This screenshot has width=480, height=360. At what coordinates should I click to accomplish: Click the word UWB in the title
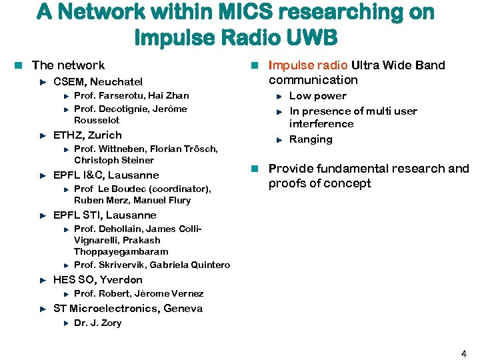point(313,35)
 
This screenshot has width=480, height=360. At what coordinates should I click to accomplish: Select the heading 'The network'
point(68,65)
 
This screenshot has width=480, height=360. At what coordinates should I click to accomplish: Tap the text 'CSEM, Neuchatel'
point(97,82)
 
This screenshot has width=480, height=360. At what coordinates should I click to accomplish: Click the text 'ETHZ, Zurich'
point(87,135)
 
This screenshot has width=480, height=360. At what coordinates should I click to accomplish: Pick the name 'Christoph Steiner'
point(114,161)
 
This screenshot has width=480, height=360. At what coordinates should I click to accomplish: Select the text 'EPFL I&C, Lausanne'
point(106,175)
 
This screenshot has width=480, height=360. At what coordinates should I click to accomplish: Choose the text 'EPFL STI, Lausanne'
point(105,215)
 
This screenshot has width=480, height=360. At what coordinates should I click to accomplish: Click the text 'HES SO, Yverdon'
point(97,280)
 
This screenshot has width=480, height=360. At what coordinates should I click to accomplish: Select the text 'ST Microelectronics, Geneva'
point(127,309)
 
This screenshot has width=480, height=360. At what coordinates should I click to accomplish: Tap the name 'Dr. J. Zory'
point(97,323)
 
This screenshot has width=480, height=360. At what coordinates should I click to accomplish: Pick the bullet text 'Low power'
point(317,96)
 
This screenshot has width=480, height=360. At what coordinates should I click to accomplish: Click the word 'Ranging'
point(311,139)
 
